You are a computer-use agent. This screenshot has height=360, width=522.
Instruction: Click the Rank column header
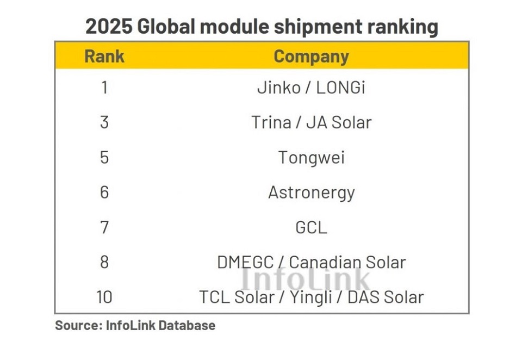coord(104,56)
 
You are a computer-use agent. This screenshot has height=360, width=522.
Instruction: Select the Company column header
coord(311,56)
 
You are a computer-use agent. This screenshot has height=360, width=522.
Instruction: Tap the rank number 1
coord(104,88)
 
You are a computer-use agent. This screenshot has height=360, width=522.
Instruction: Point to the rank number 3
coord(104,122)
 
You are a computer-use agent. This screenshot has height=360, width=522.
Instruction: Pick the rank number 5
coord(104,157)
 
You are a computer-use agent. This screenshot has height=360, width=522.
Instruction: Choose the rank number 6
coord(104,193)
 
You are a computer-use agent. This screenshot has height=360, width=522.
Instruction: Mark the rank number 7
coord(104,227)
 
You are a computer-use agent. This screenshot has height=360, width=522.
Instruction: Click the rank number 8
coord(104,262)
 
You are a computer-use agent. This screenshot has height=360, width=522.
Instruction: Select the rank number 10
coord(104,297)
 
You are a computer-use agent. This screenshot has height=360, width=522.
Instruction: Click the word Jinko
coord(278,88)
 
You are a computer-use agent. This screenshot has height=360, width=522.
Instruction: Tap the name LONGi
coord(340,88)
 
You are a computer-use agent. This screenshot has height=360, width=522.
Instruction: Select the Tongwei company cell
coord(311,158)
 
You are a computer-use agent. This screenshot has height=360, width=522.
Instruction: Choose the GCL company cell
coord(311,227)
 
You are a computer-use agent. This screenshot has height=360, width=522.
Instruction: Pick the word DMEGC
coord(245,263)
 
